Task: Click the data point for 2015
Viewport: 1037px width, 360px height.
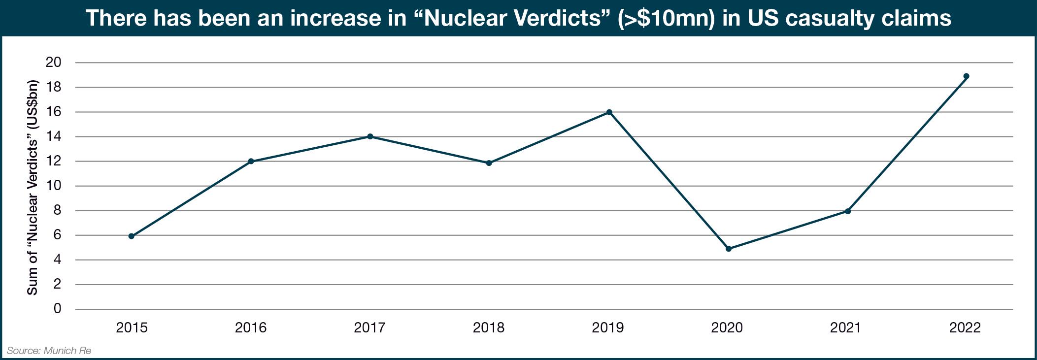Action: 132,236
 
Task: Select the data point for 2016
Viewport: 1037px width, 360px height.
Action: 251,162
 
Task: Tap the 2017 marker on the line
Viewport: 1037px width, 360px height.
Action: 370,136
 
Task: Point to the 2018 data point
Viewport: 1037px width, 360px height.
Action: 489,163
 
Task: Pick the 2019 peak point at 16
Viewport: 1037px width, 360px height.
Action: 609,112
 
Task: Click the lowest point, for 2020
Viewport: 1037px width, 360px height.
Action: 729,249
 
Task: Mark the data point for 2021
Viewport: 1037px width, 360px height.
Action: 848,211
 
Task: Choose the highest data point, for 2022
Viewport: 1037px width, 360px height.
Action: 967,76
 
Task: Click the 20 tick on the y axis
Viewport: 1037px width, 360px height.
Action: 53,63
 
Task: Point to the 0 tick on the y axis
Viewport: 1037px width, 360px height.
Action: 57,309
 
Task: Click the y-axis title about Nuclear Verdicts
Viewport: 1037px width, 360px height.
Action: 33,186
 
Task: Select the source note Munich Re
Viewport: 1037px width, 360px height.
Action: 49,351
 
